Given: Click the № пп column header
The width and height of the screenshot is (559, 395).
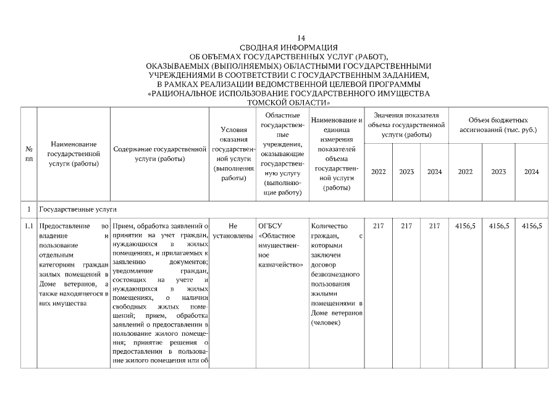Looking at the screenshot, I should (x=28, y=154).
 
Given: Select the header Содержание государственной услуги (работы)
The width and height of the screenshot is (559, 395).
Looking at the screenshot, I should (x=159, y=154).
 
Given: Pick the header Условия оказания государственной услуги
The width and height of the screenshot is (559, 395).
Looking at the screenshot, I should (x=233, y=154).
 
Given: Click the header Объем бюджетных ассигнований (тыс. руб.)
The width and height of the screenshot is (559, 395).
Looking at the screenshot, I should (x=498, y=125).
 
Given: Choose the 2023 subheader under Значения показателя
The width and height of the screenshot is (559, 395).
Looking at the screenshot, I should (x=406, y=172).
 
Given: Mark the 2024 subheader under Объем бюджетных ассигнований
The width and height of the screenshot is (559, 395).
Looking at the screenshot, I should (x=531, y=172).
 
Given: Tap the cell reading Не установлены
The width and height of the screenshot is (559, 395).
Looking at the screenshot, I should (x=233, y=231).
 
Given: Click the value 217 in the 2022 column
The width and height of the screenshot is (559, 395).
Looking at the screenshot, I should (x=379, y=227).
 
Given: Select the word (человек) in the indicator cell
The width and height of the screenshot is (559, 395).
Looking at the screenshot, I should (x=326, y=323).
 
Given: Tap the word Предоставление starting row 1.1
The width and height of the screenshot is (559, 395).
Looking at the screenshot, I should (x=65, y=227).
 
